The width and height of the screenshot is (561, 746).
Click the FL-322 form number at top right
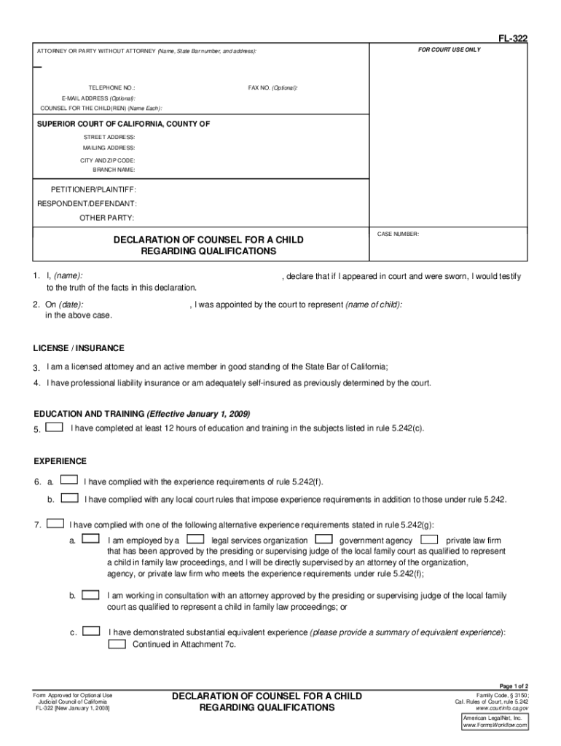point(514,41)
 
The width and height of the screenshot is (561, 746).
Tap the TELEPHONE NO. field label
point(112,87)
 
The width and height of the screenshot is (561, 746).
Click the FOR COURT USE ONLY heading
point(449,50)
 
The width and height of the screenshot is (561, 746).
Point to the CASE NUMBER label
point(398,234)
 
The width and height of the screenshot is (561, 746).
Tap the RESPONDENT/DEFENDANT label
point(87,203)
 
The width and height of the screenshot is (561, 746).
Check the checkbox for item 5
point(54,428)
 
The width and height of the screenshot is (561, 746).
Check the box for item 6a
point(69,481)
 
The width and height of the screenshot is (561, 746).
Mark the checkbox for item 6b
point(69,498)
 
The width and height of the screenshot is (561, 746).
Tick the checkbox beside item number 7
point(54,523)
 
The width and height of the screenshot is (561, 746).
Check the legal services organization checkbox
point(195,540)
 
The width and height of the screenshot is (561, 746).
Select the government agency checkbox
point(325,540)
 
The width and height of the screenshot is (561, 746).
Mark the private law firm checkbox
point(430,540)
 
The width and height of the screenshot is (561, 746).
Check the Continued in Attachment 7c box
point(117,644)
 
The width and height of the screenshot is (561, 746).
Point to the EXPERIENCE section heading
point(60,461)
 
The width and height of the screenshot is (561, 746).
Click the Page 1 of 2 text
point(513,686)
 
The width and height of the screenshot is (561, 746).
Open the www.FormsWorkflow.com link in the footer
point(495,725)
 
